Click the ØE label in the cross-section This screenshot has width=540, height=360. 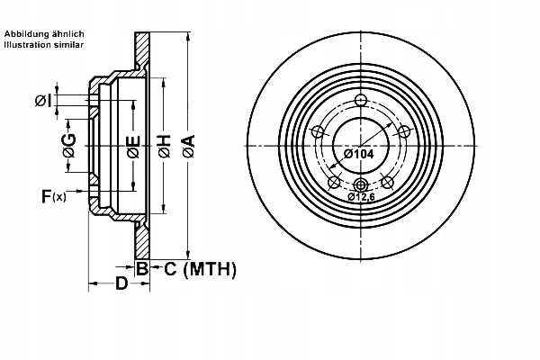tap(132, 145)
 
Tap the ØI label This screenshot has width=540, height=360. tap(42, 100)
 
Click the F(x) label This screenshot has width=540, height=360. tap(53, 195)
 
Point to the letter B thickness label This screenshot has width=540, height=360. tap(142, 268)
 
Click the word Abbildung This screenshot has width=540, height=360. tap(26, 32)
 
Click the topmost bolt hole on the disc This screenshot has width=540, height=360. tap(360, 100)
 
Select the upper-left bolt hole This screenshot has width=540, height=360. tap(317, 132)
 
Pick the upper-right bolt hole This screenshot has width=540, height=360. tap(404, 132)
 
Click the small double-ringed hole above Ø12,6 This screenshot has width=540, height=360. tap(360, 184)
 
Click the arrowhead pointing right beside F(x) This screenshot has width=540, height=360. tap(87, 194)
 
